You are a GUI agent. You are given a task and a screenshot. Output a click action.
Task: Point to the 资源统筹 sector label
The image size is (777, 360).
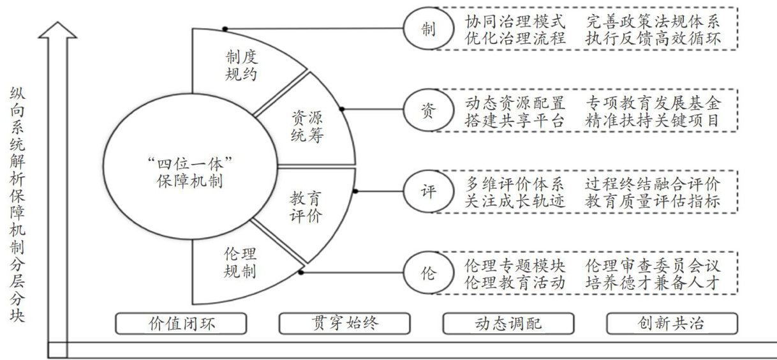[307, 126]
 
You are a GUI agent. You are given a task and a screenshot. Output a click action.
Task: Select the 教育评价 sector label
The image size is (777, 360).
[307, 206]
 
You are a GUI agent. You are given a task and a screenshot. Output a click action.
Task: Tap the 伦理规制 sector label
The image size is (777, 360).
[241, 262]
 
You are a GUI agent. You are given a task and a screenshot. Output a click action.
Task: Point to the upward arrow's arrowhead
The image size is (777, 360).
[57, 29]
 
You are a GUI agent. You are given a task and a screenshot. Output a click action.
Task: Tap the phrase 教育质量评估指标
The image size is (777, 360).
[653, 201]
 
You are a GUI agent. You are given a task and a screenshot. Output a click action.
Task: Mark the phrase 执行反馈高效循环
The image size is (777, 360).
[653, 38]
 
